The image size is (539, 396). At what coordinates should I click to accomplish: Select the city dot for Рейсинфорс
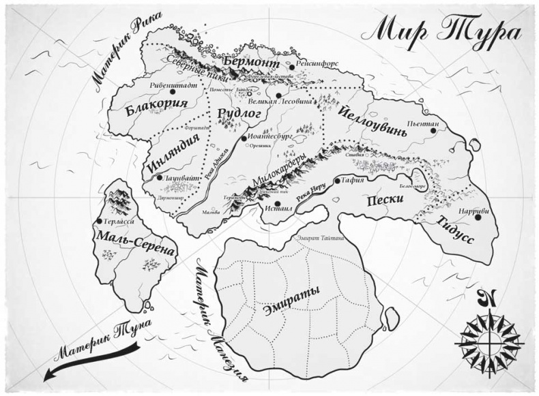click(291, 67)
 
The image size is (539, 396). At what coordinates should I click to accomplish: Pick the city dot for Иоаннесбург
click(244, 138)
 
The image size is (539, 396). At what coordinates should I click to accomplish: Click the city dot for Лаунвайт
click(158, 177)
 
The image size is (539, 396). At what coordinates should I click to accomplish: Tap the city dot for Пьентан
click(434, 131)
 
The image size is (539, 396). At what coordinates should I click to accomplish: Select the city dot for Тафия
click(336, 181)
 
